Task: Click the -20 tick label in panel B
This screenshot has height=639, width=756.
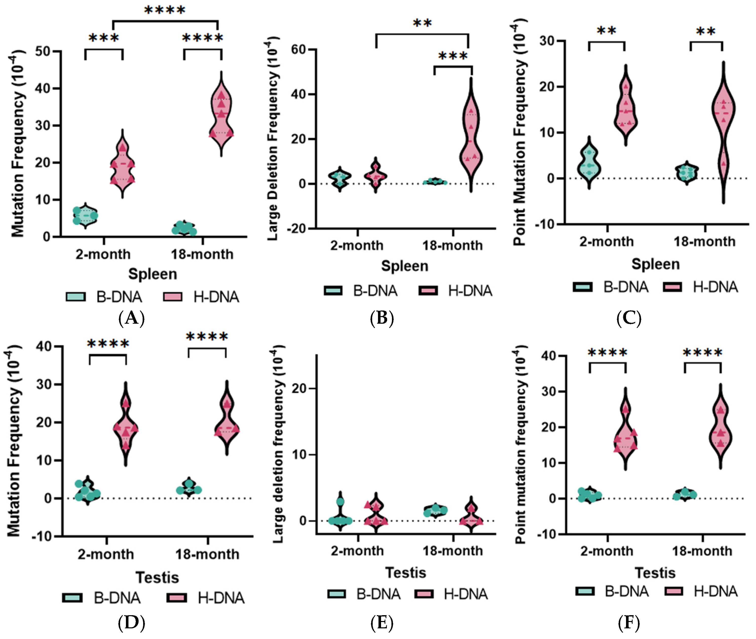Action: click(296, 229)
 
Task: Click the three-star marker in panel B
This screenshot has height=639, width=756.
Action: click(453, 57)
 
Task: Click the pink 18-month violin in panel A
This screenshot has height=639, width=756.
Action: click(221, 114)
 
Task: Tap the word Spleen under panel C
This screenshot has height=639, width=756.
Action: click(655, 264)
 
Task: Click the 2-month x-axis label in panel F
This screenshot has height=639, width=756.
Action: click(607, 551)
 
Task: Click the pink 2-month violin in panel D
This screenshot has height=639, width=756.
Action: click(126, 424)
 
